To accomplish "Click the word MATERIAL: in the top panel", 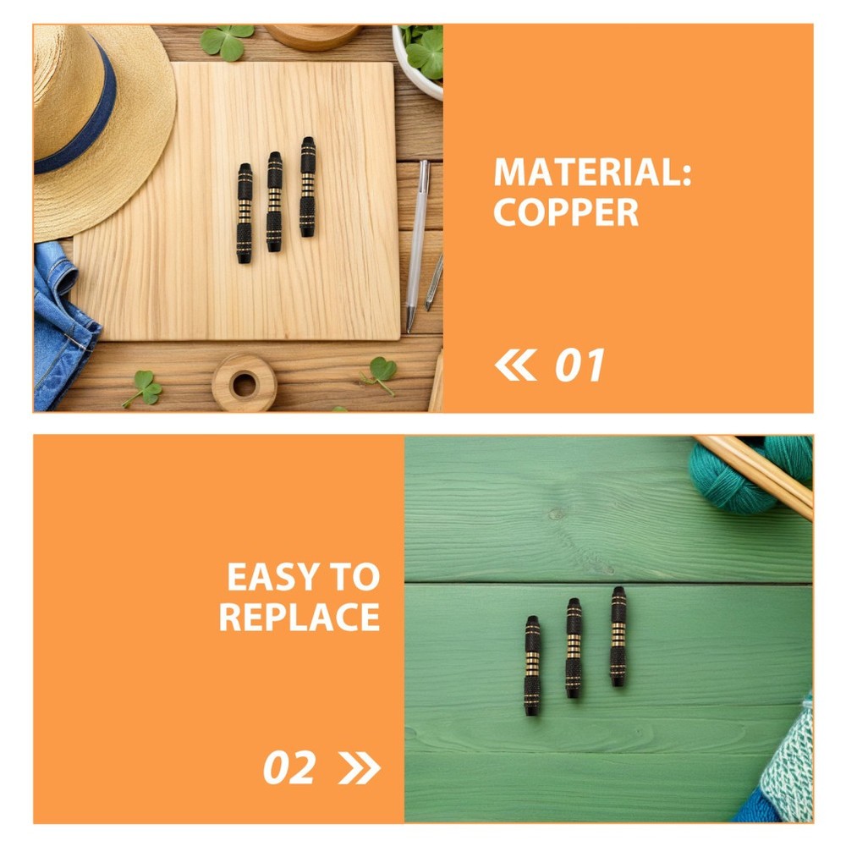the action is [592, 172].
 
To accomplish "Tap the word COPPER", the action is [565, 212].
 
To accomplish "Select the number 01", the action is [580, 365].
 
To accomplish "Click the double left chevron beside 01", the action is [515, 365].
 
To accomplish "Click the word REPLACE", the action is [299, 617].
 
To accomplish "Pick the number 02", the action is [288, 768].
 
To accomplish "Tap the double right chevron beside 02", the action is [359, 768].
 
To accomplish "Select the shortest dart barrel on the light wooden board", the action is [244, 213].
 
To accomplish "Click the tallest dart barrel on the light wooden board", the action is [308, 187].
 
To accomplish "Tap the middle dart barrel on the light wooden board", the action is [274, 202].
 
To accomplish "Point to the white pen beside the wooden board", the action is [417, 245].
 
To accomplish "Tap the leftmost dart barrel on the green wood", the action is [532, 665].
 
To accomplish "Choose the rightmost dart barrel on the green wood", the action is [618, 637].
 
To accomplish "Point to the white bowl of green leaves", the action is [419, 60].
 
